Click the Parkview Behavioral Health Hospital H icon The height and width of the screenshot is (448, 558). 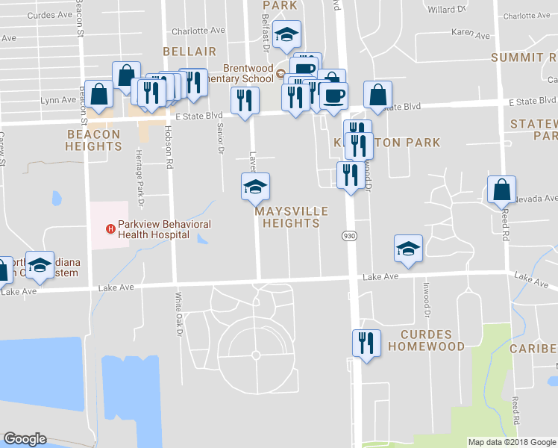pyautogui.click(x=110, y=228)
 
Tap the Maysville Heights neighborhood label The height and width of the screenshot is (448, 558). pyautogui.click(x=288, y=217)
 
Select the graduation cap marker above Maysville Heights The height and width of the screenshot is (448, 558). pyautogui.click(x=255, y=186)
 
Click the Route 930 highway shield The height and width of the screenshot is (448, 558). pyautogui.click(x=348, y=236)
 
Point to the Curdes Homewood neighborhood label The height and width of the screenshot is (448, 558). pyautogui.click(x=432, y=340)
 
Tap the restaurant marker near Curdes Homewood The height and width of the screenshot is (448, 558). pyautogui.click(x=366, y=343)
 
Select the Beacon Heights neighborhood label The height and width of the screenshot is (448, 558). pyautogui.click(x=93, y=140)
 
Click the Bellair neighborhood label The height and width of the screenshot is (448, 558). pyautogui.click(x=190, y=52)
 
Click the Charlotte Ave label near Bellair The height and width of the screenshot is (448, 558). pyautogui.click(x=198, y=31)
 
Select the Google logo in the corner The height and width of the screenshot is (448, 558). pyautogui.click(x=25, y=439)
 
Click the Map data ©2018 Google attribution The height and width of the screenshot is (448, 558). pyautogui.click(x=511, y=442)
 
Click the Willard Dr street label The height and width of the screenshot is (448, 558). pyautogui.click(x=446, y=10)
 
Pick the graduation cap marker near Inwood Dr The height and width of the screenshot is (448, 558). pyautogui.click(x=408, y=248)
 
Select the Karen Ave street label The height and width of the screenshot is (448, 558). pyautogui.click(x=471, y=35)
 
